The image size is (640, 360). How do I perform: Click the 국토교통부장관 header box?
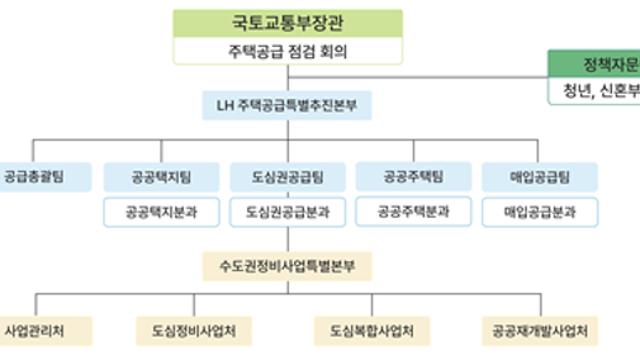tap(287, 22)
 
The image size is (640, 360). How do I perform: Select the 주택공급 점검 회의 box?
tap(287, 50)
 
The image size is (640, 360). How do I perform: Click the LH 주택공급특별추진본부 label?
tap(287, 104)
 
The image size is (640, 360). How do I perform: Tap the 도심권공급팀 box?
tap(288, 177)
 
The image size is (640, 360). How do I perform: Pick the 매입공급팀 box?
tap(540, 177)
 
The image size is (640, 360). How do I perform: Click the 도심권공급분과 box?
tap(288, 212)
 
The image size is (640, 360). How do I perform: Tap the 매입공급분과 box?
tap(540, 212)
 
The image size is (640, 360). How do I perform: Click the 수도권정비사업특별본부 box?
tap(288, 266)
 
